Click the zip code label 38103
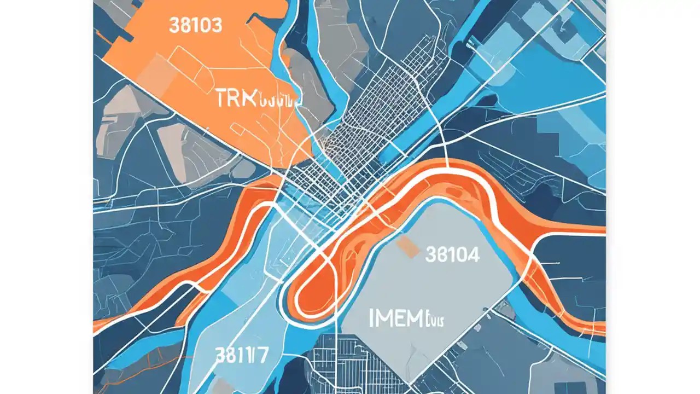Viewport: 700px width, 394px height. (x=195, y=26)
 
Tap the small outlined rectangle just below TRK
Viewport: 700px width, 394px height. (x=239, y=129)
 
